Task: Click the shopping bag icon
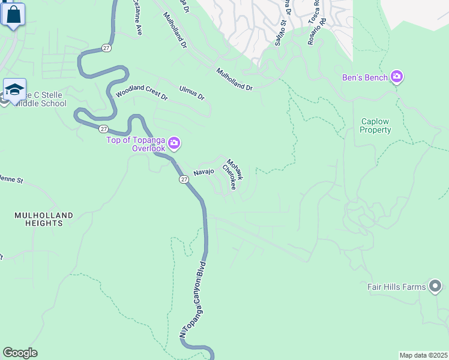tap(14, 15)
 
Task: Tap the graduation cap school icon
tap(14, 91)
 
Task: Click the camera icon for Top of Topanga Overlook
tap(174, 143)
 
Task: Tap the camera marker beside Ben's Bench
tap(396, 77)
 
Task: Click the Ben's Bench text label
tap(365, 77)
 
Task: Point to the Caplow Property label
tap(376, 125)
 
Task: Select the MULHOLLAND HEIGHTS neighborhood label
tap(44, 219)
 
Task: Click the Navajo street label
tap(204, 172)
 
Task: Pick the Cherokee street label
tap(229, 178)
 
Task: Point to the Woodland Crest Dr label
tap(141, 93)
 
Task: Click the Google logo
tap(20, 353)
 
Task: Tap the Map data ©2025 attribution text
tap(423, 355)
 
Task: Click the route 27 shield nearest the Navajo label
tap(184, 179)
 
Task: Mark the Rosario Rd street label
tap(320, 14)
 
